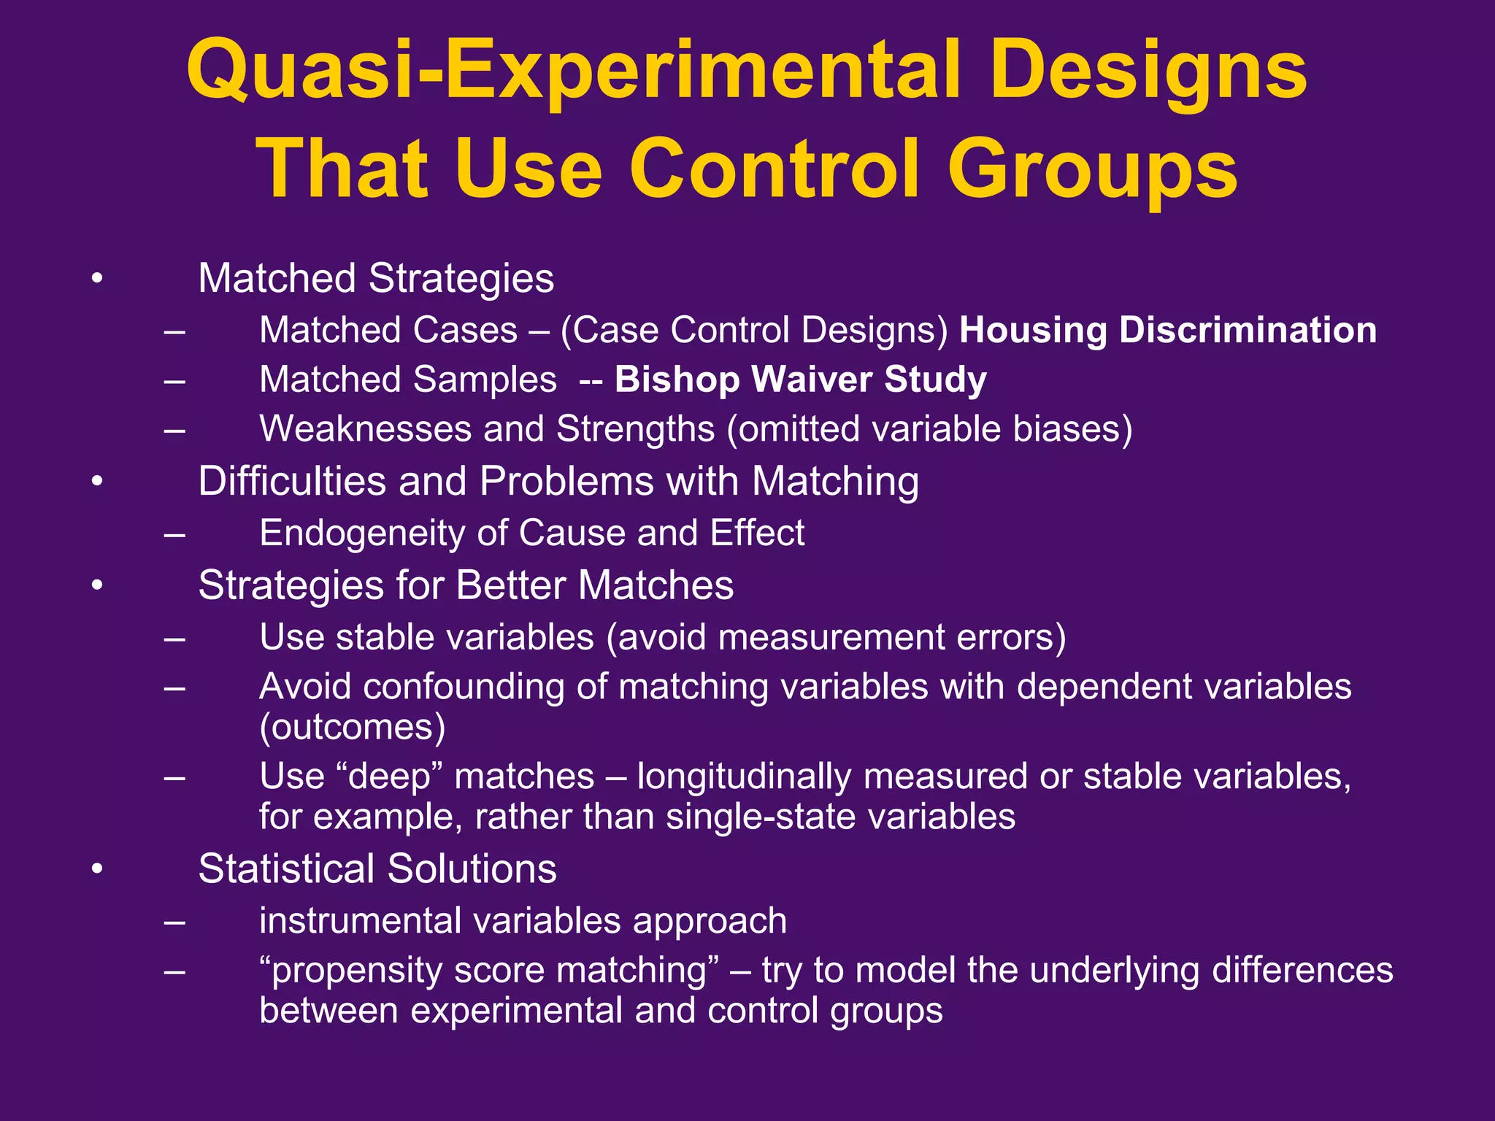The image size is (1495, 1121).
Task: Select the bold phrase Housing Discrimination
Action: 1167,330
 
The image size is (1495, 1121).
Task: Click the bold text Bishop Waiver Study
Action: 800,380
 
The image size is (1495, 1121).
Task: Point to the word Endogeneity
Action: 362,533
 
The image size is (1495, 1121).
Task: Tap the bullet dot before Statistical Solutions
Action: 97,869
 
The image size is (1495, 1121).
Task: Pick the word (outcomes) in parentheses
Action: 352,728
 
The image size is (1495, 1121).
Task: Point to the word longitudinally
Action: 744,777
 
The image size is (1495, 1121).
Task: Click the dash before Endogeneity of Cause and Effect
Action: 174,533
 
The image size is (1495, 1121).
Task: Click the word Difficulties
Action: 291,482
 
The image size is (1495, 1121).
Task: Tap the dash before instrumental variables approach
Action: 174,921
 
